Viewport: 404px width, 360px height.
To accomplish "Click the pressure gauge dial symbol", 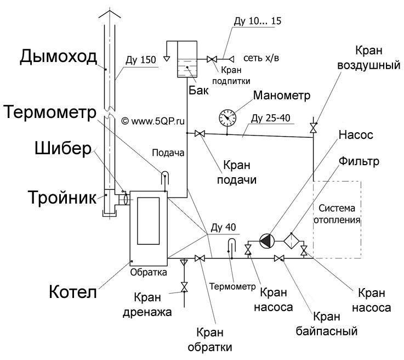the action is click(x=227, y=117).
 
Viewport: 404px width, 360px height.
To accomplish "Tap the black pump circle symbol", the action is click(x=267, y=241).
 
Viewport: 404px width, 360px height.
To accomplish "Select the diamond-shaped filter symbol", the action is click(x=292, y=241).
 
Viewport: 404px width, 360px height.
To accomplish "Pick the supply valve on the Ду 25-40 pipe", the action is click(x=200, y=133).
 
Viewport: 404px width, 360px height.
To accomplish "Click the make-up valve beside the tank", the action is click(x=212, y=59).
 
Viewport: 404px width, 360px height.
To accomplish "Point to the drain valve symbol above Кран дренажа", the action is click(x=184, y=287).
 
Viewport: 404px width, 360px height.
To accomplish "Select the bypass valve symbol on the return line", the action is click(x=279, y=258).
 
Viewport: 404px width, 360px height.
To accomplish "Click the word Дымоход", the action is click(x=59, y=57).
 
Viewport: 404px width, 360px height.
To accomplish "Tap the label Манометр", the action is click(x=282, y=95).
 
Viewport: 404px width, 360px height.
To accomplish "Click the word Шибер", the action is click(x=63, y=149).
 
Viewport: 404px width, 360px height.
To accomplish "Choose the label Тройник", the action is click(x=62, y=198).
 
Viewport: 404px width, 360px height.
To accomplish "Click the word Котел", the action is click(x=73, y=292).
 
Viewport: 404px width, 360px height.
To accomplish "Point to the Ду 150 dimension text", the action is click(x=141, y=60).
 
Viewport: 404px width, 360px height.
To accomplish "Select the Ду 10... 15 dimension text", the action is click(x=258, y=21).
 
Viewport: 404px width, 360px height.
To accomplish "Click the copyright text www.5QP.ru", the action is click(x=153, y=121).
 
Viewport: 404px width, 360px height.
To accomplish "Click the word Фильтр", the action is click(x=359, y=161).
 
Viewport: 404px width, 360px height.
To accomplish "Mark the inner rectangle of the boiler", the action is click(x=148, y=221).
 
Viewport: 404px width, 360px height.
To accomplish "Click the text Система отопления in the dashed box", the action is click(x=337, y=214).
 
